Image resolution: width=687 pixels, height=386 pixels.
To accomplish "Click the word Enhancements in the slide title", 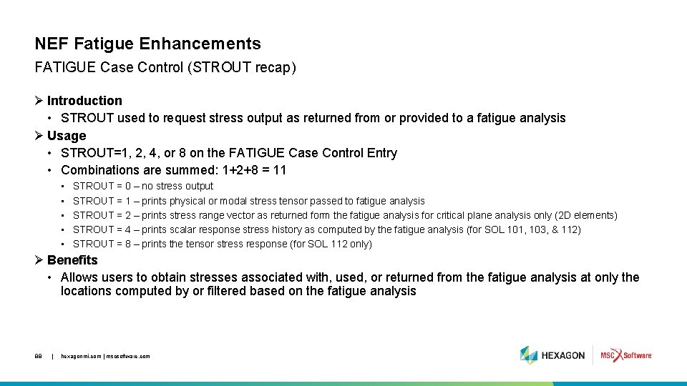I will pos(200,45).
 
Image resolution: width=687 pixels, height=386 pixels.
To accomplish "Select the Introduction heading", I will pos(84,101).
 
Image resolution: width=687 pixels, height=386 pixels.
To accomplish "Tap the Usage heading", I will pos(67,136).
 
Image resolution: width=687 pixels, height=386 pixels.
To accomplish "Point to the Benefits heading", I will pos(72,260).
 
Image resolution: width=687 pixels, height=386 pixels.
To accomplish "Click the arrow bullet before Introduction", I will pos(39,101).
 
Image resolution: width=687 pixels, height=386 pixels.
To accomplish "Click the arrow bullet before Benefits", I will pos(39,260).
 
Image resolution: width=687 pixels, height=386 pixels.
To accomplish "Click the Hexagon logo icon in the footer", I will pos(529,355).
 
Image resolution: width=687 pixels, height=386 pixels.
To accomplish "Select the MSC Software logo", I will pos(625,355).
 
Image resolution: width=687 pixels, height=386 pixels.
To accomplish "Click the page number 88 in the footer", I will pos(38,356).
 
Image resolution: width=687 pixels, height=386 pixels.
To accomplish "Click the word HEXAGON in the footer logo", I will pos(563,355).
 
